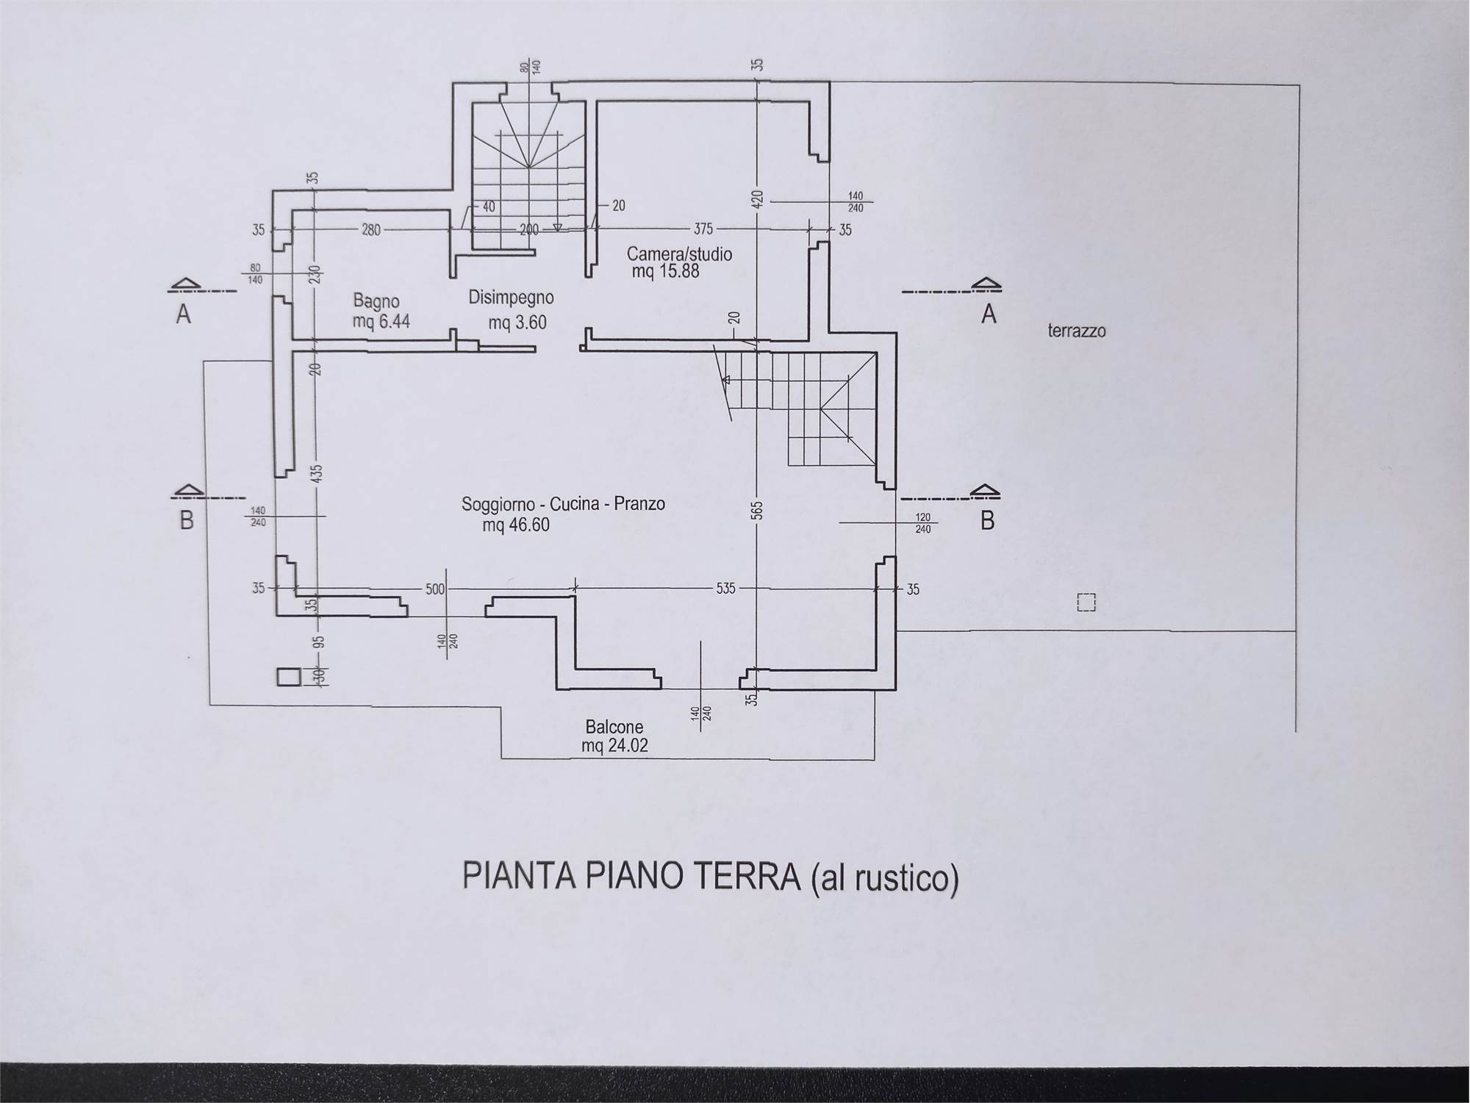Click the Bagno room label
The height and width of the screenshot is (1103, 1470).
point(376,301)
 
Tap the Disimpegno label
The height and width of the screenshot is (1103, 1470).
point(511,298)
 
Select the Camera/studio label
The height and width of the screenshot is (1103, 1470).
point(679,254)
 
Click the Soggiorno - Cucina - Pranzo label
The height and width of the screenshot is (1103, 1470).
point(563,504)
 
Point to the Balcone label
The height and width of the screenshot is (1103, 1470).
point(614,727)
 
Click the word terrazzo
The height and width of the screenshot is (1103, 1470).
point(1076,331)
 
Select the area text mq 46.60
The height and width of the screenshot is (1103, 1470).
point(516,525)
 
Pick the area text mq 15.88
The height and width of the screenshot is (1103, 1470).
point(665,272)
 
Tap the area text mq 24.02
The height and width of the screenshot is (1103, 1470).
point(614,746)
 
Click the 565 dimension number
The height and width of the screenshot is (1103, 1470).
point(758,510)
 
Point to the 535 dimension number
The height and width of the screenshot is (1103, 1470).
point(725,589)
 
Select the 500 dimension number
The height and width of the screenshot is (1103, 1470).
point(435,589)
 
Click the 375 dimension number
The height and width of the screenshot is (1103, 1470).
point(703,229)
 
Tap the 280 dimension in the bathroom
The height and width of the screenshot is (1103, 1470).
point(371,230)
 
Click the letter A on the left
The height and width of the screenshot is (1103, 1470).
point(184,315)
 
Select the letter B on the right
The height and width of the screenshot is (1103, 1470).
point(987,520)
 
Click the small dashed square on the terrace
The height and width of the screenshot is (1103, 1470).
point(1086,603)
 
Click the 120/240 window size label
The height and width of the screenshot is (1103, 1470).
point(923,522)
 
